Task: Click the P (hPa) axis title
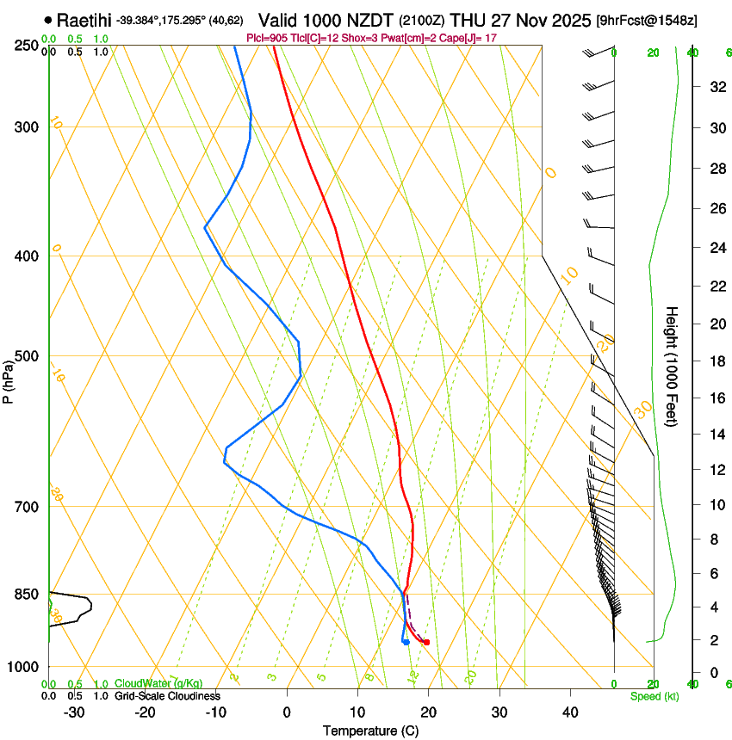pyautogui.click(x=9, y=378)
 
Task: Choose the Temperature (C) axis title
pyautogui.click(x=370, y=731)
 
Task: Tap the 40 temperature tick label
pyautogui.click(x=569, y=712)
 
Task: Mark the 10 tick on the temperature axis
pyautogui.click(x=357, y=712)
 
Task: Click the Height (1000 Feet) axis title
pyautogui.click(x=672, y=367)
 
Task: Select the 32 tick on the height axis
pyautogui.click(x=716, y=87)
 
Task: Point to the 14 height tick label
pyautogui.click(x=716, y=435)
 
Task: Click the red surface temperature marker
pyautogui.click(x=426, y=643)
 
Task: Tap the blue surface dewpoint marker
pyautogui.click(x=405, y=642)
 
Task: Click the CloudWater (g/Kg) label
pyautogui.click(x=146, y=684)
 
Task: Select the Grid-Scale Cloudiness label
pyautogui.click(x=167, y=696)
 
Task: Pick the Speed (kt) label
pyautogui.click(x=654, y=696)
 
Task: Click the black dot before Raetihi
pyautogui.click(x=47, y=19)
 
